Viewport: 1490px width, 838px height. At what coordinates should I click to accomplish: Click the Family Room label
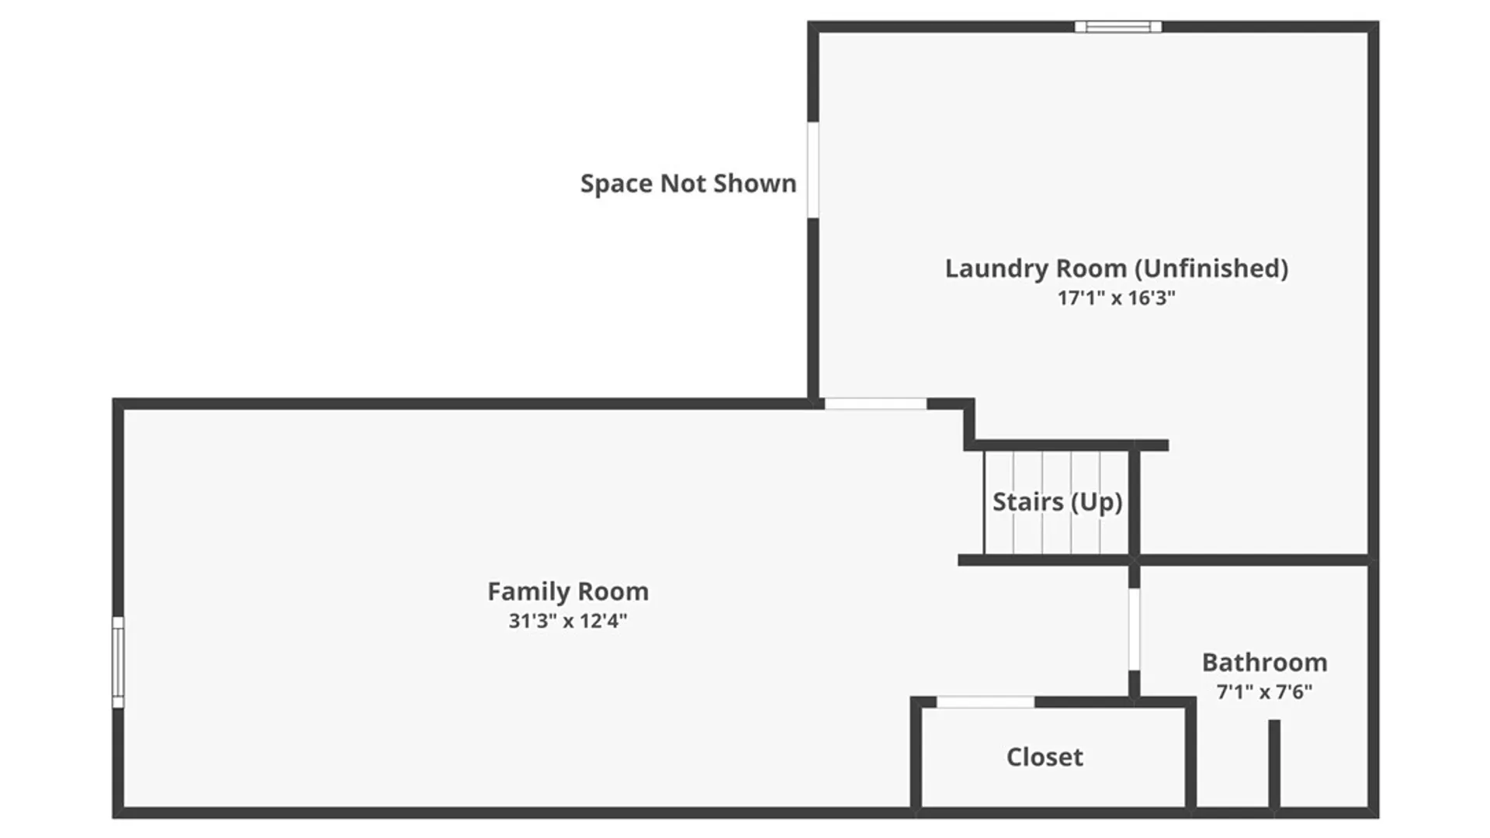tap(568, 592)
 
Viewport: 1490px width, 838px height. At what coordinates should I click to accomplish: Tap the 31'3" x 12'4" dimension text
tap(568, 621)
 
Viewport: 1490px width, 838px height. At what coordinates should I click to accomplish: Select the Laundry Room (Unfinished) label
tap(1117, 268)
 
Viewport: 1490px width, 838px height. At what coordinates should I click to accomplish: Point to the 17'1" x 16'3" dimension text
tap(1117, 298)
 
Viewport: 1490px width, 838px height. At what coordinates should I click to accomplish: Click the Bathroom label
tap(1265, 663)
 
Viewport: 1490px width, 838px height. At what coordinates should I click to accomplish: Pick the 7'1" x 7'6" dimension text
tap(1265, 691)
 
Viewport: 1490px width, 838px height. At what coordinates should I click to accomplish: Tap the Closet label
tap(1045, 757)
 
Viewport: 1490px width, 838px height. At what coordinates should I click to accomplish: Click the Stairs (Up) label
tap(1058, 502)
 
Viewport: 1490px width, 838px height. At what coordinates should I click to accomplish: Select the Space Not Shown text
tap(688, 184)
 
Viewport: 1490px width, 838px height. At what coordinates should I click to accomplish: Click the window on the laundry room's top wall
tap(1118, 27)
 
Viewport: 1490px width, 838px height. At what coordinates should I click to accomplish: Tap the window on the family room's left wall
tap(118, 663)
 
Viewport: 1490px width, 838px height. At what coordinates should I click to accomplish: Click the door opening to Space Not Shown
tap(813, 170)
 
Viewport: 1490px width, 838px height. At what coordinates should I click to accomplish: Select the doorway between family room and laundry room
tap(875, 403)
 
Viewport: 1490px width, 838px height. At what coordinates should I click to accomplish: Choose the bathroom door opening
tap(1134, 629)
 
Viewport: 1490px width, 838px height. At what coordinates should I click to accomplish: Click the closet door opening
tap(986, 702)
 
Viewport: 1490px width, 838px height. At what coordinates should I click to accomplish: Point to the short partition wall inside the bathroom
tap(1274, 764)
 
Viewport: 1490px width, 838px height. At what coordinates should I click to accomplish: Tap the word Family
tap(525, 592)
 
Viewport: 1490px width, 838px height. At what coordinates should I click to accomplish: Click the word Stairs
tap(1028, 502)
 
